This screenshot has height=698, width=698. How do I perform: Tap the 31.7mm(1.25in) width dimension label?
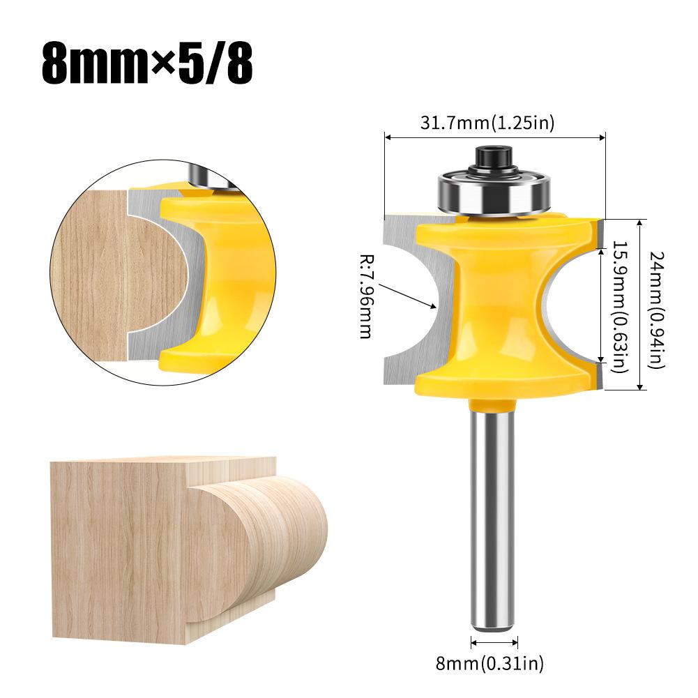point(487,123)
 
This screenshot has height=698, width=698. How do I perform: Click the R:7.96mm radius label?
point(366,296)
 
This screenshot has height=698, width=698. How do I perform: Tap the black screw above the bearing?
point(492,157)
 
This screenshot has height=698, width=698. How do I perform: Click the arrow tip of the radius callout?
point(433,306)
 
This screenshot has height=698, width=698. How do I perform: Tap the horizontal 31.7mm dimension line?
point(494,138)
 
